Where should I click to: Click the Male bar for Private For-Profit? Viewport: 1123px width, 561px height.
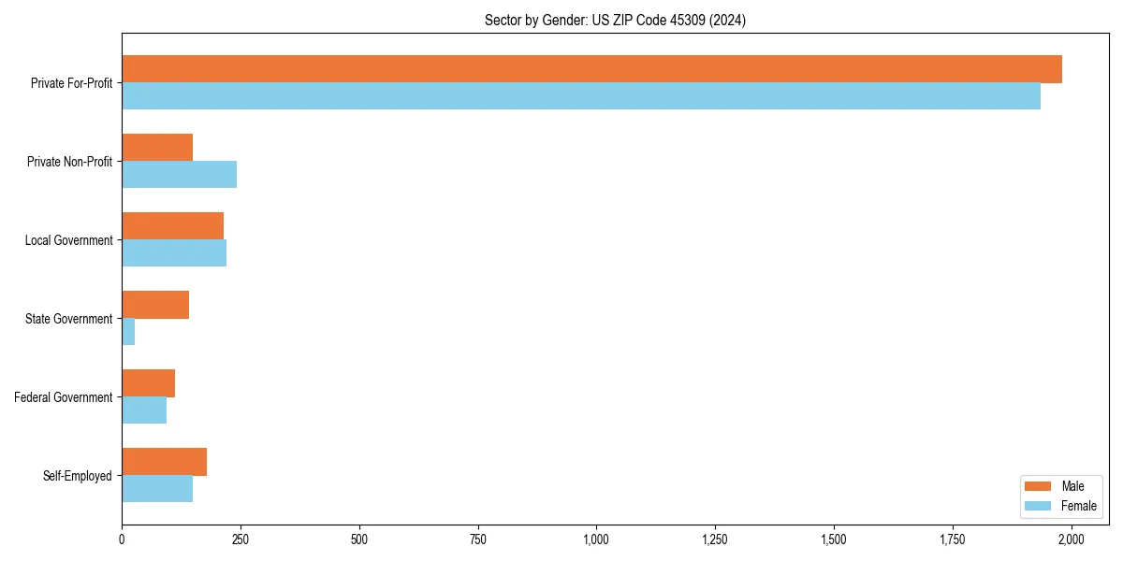pos(591,69)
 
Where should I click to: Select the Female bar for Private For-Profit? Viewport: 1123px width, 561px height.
pos(581,96)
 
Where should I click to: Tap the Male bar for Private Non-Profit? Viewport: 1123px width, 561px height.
pos(157,148)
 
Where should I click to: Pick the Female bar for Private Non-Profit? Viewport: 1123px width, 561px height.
pos(179,175)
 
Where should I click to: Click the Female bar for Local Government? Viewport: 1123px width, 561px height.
pos(174,253)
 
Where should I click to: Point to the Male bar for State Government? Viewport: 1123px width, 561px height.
pos(155,305)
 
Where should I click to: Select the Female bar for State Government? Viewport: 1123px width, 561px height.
pos(128,332)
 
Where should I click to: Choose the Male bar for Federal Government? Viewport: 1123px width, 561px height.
pos(148,383)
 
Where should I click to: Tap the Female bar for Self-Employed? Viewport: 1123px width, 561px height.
pos(157,489)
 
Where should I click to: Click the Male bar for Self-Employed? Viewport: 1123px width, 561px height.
pos(164,462)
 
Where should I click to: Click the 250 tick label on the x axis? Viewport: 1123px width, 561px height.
pos(241,539)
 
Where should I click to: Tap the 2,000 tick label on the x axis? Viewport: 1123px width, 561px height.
pos(1071,539)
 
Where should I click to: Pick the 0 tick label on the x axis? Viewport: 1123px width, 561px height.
pos(122,539)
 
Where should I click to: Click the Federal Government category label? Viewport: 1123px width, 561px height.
pos(64,397)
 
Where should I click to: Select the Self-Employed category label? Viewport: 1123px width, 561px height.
pos(77,476)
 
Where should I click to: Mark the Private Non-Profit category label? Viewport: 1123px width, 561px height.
pos(69,162)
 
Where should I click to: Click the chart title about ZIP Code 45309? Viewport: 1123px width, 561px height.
pos(615,20)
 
